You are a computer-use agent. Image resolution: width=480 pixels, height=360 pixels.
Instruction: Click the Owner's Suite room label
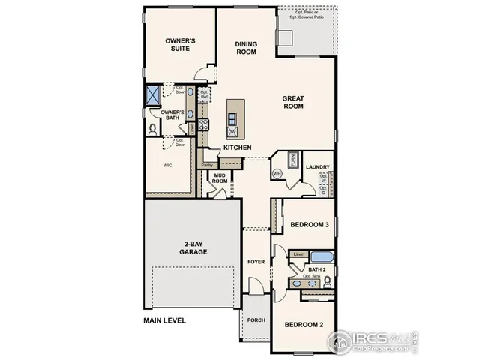(181, 44)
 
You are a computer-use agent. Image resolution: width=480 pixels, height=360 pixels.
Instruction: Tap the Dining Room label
(246, 48)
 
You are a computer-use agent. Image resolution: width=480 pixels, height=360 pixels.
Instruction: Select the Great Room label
(292, 102)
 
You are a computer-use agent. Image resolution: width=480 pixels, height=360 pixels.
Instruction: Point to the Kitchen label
(237, 148)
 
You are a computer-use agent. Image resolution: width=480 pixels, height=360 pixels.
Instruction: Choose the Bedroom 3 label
(310, 225)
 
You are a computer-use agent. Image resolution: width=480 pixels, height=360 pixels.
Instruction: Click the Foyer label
(256, 261)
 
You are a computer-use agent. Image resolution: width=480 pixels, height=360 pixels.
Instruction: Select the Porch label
(256, 319)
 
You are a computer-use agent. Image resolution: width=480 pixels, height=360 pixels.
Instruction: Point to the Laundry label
(318, 167)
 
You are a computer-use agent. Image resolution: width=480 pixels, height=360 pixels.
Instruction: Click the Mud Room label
(220, 178)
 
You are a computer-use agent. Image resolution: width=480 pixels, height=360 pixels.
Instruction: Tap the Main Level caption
(164, 320)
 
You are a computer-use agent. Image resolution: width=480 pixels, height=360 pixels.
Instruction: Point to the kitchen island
(233, 115)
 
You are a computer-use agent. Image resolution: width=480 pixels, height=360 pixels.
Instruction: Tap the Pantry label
(207, 165)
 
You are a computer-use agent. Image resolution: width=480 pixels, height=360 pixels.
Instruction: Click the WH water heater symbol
(276, 174)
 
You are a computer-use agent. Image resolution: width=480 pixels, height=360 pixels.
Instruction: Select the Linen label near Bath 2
(298, 255)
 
